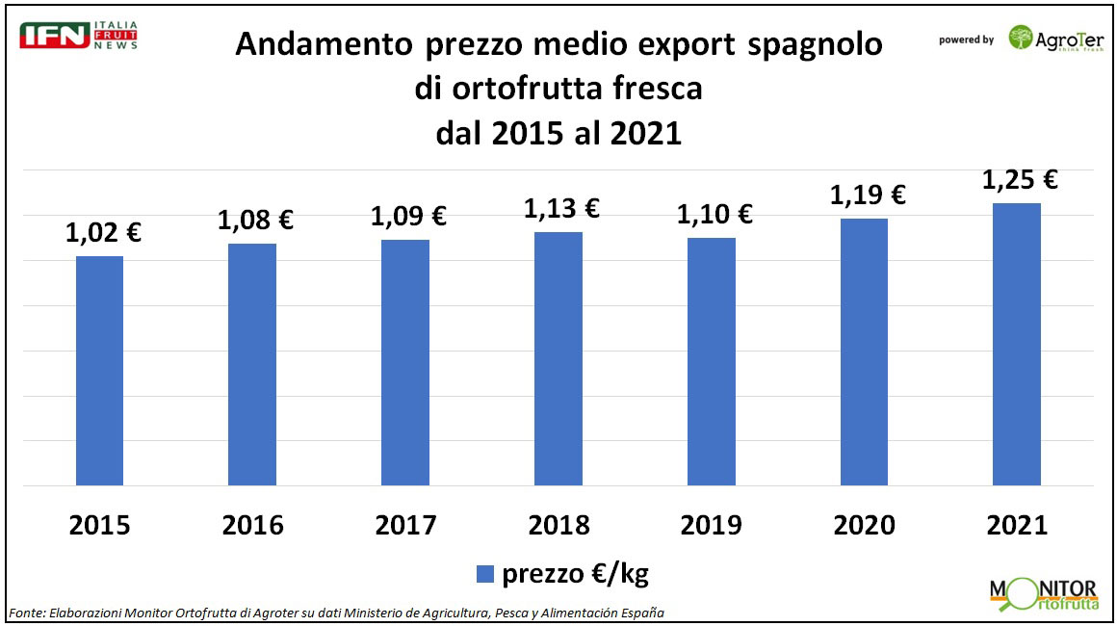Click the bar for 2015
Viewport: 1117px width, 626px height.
click(100, 371)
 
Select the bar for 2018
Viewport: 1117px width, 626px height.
click(558, 358)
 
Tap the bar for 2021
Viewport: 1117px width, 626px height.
click(1017, 344)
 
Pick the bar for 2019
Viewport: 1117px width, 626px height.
click(712, 361)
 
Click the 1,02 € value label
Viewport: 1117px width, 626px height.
click(103, 233)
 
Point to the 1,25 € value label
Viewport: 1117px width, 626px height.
click(1020, 180)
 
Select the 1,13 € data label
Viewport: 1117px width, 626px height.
click(561, 208)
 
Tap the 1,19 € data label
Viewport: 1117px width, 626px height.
click(868, 195)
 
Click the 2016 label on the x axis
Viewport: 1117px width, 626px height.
click(253, 525)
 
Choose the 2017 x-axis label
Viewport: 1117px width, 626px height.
click(405, 525)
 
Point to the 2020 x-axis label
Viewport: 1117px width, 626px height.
click(864, 525)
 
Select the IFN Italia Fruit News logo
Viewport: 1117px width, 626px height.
click(79, 35)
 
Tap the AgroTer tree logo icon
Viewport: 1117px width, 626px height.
click(1020, 39)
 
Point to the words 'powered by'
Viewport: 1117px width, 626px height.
click(966, 40)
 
